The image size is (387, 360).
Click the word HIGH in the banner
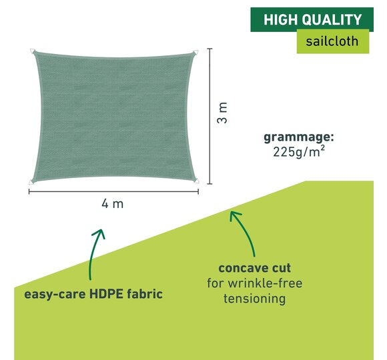(281, 20)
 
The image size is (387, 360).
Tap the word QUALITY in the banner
(332, 20)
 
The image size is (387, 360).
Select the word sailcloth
(332, 41)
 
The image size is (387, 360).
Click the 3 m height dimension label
(222, 113)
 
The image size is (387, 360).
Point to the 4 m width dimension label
(112, 204)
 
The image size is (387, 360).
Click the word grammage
(299, 137)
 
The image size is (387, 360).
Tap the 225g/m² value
(299, 151)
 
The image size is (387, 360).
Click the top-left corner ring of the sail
(32, 51)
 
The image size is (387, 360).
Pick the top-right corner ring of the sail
(196, 53)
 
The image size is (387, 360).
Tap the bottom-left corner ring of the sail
(31, 182)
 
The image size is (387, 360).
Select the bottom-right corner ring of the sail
(196, 181)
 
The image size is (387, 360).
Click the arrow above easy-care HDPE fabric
(93, 254)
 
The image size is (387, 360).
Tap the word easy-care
(55, 295)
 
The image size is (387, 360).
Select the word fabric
(145, 294)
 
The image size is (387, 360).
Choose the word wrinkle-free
(265, 283)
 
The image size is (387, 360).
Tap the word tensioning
(255, 299)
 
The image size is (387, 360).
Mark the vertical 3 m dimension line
(210, 116)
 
